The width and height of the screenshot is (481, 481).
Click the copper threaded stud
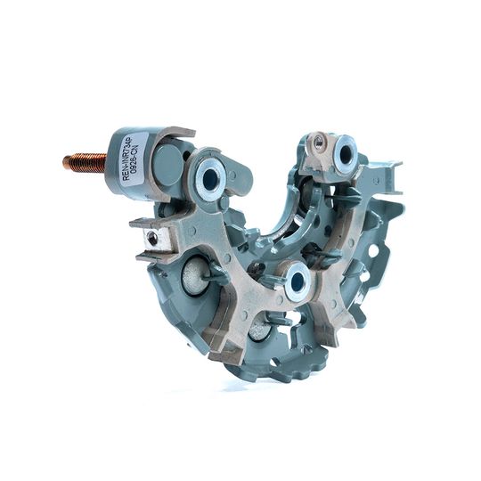(85, 161)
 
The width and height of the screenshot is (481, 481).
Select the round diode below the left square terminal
(192, 277)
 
